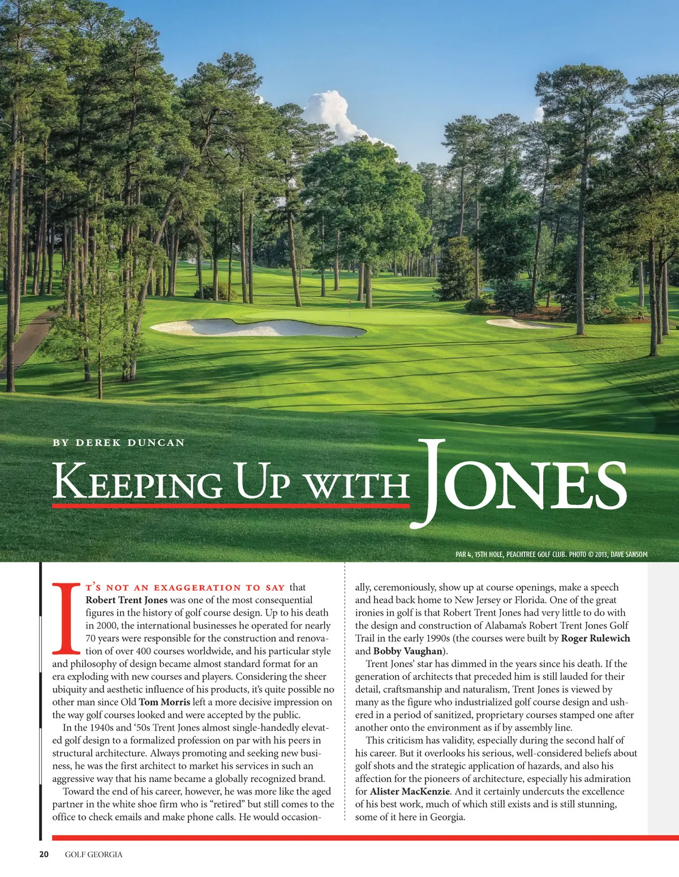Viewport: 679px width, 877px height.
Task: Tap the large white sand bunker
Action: (257, 328)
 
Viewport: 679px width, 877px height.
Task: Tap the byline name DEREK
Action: (98, 442)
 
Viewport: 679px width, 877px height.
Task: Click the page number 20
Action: (44, 854)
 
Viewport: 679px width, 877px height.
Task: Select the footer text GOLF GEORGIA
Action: (93, 854)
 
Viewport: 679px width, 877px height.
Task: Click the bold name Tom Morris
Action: (165, 702)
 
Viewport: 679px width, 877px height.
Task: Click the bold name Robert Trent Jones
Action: (127, 600)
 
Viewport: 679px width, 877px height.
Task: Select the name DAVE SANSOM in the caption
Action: (629, 554)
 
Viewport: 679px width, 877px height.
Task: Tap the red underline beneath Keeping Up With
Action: (231, 505)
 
